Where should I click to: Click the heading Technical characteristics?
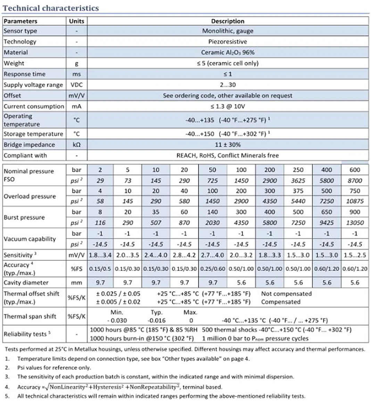point(51,8)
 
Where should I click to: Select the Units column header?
point(76,21)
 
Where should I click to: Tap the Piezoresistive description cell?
point(228,42)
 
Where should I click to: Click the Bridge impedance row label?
point(29,145)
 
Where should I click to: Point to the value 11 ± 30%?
point(228,145)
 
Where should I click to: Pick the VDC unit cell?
point(76,85)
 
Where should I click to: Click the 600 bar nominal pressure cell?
point(355,170)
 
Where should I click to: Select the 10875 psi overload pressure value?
point(355,201)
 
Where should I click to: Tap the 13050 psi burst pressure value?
point(355,223)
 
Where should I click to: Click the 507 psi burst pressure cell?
point(156,223)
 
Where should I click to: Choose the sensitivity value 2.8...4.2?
point(184,255)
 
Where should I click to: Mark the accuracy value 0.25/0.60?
point(212,269)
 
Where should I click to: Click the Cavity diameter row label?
point(26,283)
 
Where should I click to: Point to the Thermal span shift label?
point(30,316)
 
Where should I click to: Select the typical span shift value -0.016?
point(156,320)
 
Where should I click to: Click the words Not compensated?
point(286,294)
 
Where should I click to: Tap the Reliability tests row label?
point(27,334)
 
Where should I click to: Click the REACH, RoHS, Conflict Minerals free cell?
point(228,155)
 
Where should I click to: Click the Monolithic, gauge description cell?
point(228,31)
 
